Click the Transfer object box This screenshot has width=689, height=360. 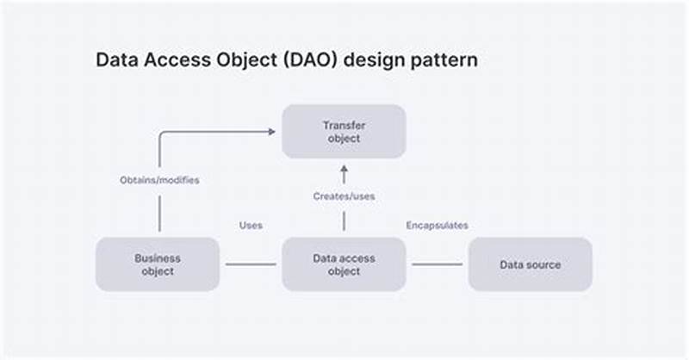click(x=344, y=132)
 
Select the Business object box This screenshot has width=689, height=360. click(x=157, y=264)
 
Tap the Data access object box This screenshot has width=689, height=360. click(x=344, y=264)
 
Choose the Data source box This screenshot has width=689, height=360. click(x=530, y=264)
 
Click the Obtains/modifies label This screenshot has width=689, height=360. click(x=159, y=181)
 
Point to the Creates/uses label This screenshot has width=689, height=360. click(x=344, y=196)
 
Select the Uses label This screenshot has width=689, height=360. click(x=251, y=226)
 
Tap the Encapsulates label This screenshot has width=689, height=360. click(x=437, y=226)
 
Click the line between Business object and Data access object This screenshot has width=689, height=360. click(x=251, y=264)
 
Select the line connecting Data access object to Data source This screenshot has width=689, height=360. click(x=437, y=264)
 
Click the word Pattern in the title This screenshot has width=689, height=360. click(x=448, y=61)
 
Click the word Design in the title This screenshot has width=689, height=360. click(x=382, y=61)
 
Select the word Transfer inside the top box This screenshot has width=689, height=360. click(x=344, y=126)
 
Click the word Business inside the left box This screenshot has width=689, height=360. click(x=157, y=258)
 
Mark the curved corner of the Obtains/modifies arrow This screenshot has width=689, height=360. click(x=162, y=134)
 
